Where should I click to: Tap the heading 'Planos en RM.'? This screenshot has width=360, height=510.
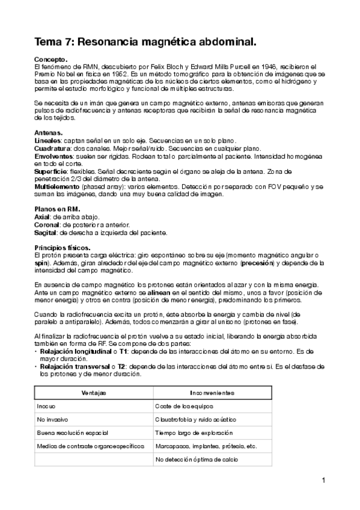(x=57, y=208)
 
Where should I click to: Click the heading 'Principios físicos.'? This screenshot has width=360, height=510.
(x=63, y=247)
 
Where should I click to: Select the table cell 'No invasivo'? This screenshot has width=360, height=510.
(x=51, y=419)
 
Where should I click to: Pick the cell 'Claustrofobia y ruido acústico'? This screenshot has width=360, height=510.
(x=195, y=419)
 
